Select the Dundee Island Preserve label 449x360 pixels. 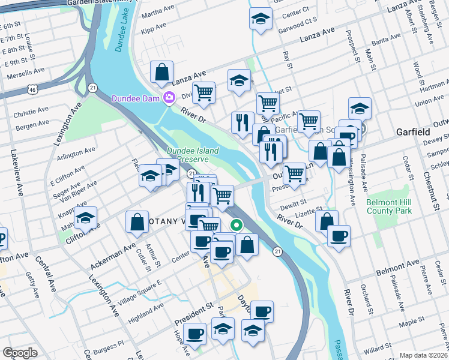pyautogui.click(x=192, y=155)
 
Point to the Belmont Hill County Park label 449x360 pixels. pyautogui.click(x=394, y=206)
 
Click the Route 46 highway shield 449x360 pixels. pyautogui.click(x=31, y=89)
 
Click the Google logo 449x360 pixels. pyautogui.click(x=20, y=353)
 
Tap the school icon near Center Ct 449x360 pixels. pyautogui.click(x=260, y=19)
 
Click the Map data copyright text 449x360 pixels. pyautogui.click(x=424, y=355)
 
